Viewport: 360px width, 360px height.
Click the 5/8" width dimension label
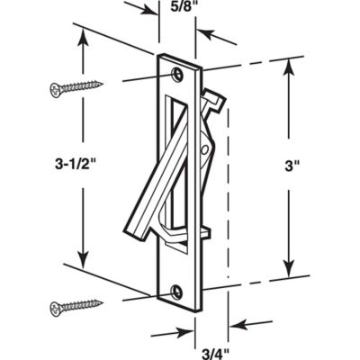click(179, 12)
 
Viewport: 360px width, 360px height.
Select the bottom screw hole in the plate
click(177, 290)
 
